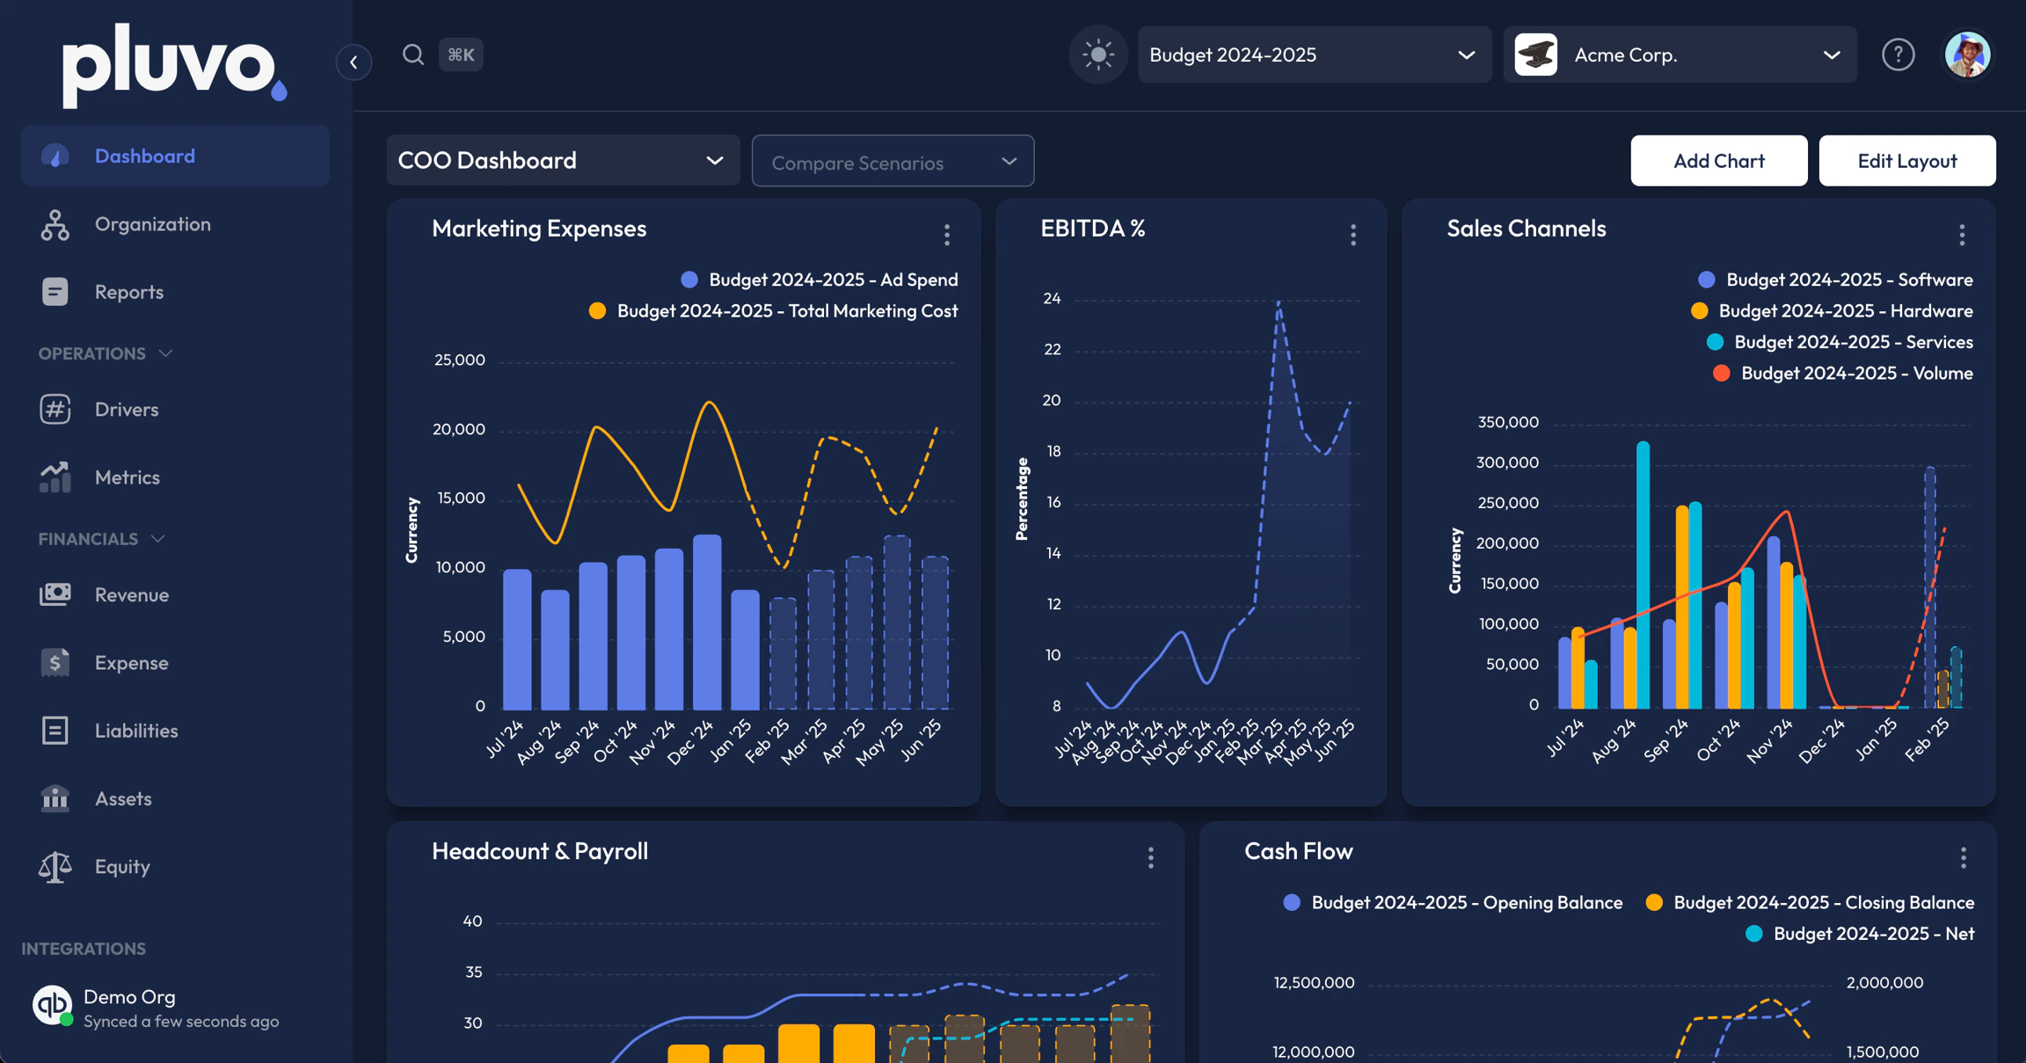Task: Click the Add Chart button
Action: coord(1718,161)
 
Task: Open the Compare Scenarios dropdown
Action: coord(893,161)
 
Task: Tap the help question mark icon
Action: coord(1898,55)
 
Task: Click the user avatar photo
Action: coord(1968,55)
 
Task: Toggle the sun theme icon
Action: coord(1097,55)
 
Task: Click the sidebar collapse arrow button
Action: coord(353,62)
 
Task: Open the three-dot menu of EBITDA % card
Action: coord(1353,235)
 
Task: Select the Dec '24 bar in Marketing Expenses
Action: coord(707,622)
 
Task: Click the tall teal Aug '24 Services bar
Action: coord(1643,575)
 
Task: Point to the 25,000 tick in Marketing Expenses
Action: coord(460,360)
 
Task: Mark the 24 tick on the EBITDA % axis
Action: coord(1052,299)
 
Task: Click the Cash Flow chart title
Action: coord(1298,851)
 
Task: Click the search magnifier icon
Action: coord(413,55)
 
